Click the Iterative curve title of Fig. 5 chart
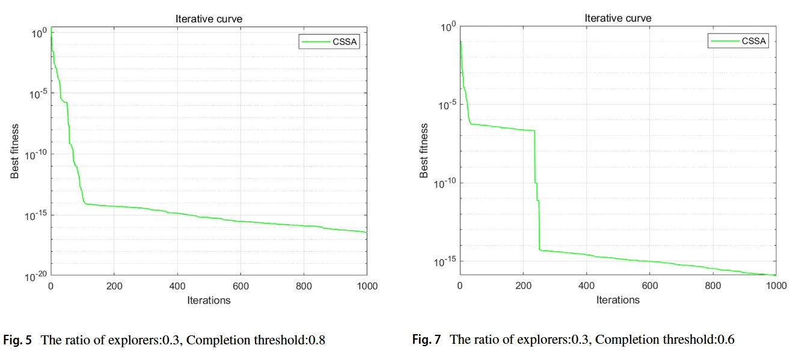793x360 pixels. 209,19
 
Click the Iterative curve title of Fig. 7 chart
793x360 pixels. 617,19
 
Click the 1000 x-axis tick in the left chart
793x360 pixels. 366,286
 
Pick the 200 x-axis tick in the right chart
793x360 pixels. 523,285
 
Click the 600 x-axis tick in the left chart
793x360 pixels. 240,286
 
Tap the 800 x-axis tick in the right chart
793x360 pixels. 712,285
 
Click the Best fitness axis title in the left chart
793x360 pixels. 16,151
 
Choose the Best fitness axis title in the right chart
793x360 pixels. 424,150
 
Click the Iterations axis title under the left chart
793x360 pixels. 209,299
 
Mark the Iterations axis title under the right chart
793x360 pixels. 617,299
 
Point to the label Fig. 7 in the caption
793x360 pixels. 426,340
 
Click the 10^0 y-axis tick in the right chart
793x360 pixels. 449,26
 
